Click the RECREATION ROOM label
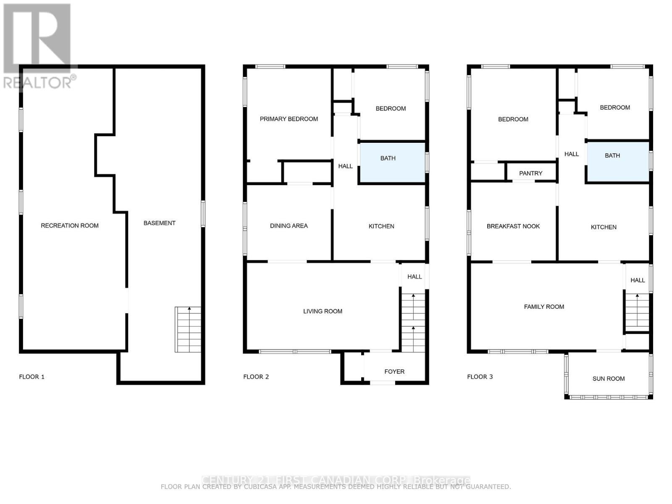pos(70,226)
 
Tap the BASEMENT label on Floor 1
pos(159,223)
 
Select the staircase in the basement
pos(188,330)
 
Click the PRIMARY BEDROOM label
pos(289,119)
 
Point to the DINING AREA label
pos(289,226)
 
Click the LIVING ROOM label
pos(323,311)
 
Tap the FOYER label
pos(394,372)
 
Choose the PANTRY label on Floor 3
pos(530,173)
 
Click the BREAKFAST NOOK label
pos(513,226)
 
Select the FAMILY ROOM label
pos(544,307)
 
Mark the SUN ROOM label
pos(608,379)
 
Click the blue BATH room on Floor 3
pos(617,162)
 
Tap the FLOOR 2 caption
pos(256,377)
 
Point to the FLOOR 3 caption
pos(480,377)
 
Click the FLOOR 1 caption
pos(31,377)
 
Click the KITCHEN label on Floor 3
pos(604,227)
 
